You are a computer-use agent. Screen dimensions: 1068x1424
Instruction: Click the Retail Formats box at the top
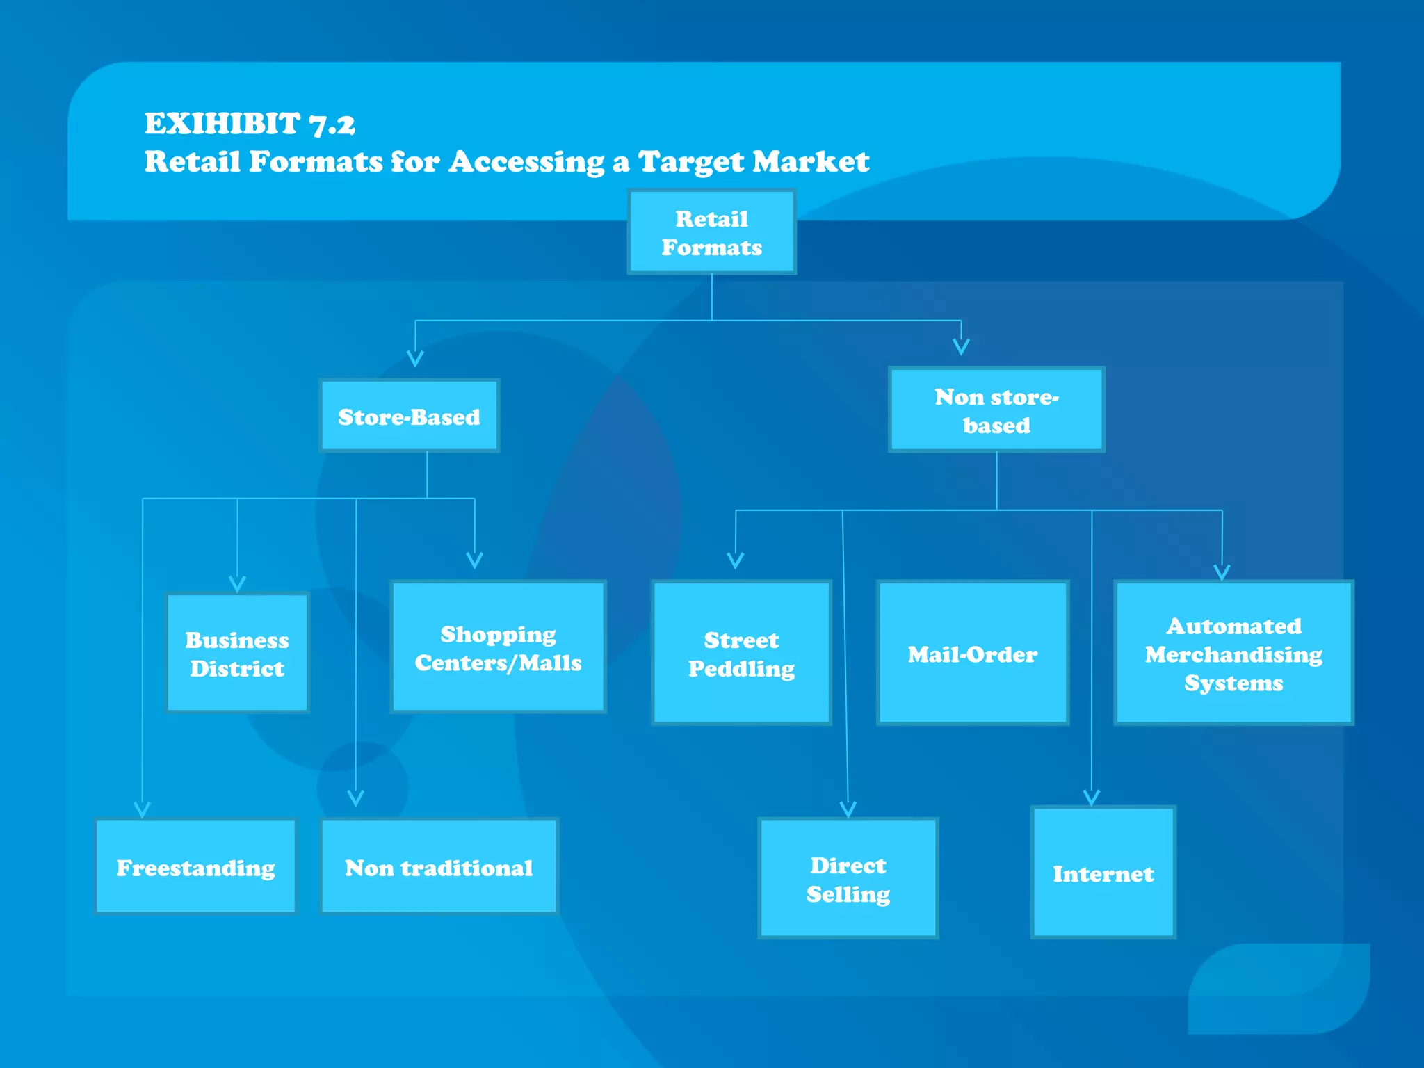pos(711,232)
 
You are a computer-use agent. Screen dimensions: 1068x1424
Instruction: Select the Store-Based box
pos(409,416)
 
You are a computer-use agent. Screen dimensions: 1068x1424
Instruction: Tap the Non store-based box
pos(996,410)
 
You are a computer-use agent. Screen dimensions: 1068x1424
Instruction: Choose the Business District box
pos(237,653)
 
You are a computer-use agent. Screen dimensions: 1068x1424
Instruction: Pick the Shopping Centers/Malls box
pos(498,647)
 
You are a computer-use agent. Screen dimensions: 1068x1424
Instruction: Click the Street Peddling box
pos(741,653)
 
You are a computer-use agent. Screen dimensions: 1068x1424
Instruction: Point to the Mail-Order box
pos(972,653)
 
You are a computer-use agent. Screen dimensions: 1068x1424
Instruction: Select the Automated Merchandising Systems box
pos(1233,653)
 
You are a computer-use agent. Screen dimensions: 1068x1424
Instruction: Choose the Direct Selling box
pos(848,878)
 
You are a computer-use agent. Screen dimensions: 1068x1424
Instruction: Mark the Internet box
pos(1103,873)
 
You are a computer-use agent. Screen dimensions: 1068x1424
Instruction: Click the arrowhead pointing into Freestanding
pos(143,809)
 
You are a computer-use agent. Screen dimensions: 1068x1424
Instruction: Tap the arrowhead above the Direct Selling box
pos(848,809)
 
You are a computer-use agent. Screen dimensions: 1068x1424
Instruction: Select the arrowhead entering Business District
pos(237,583)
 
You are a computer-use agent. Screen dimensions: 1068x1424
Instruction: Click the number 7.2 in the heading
pos(332,124)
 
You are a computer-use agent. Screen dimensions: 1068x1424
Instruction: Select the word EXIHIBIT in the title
pos(222,124)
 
